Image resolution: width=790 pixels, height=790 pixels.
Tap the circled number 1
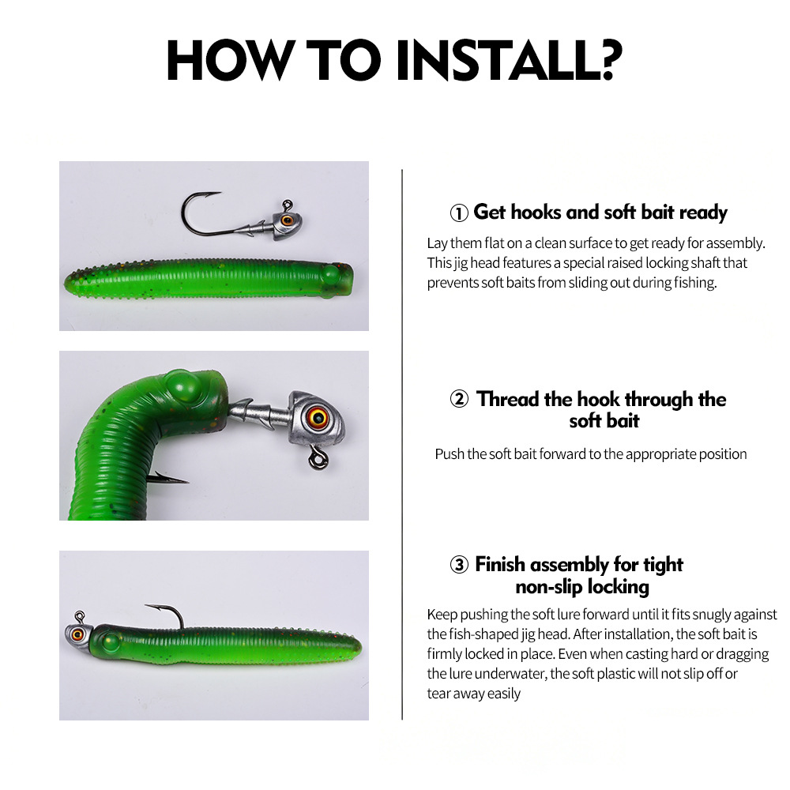[459, 213]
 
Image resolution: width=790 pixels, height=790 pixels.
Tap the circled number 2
[459, 399]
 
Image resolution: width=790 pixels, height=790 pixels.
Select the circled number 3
[459, 565]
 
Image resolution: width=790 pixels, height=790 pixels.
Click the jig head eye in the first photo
[288, 220]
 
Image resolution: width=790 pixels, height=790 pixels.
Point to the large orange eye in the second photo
[318, 416]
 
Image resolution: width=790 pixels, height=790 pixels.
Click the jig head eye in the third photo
[77, 634]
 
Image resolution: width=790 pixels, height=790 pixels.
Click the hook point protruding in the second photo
[169, 478]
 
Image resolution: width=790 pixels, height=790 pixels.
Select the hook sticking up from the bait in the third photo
[169, 614]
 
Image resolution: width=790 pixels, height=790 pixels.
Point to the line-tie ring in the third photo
[80, 617]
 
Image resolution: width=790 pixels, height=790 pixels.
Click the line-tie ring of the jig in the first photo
[287, 205]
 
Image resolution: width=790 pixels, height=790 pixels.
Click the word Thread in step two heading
[508, 400]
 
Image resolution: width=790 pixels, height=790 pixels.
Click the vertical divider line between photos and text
[402, 444]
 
